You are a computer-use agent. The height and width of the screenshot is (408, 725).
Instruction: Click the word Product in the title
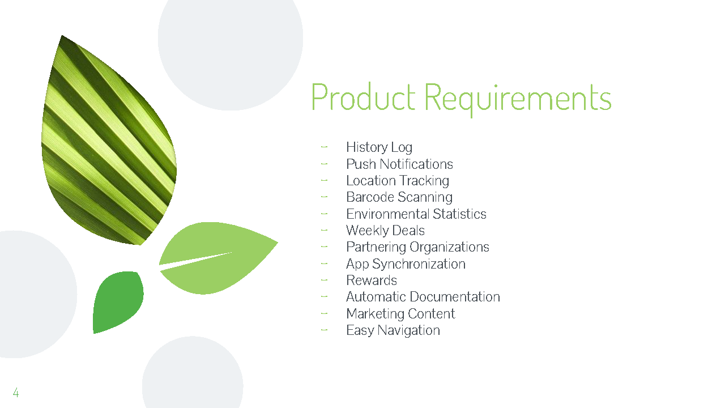point(362,97)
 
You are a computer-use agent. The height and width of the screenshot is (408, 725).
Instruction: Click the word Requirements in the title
point(518,97)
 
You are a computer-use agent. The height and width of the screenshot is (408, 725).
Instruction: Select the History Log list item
point(379,147)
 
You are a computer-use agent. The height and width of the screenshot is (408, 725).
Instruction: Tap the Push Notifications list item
point(399,164)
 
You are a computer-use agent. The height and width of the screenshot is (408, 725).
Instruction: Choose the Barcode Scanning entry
point(399,197)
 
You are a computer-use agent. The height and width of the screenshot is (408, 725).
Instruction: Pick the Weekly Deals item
point(385,231)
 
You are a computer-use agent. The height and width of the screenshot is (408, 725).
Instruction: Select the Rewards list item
point(372,280)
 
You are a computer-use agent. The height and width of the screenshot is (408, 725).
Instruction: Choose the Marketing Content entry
point(400,314)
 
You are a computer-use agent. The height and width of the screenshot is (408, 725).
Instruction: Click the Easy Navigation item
point(393,330)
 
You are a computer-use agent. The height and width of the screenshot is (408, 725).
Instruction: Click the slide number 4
point(16,393)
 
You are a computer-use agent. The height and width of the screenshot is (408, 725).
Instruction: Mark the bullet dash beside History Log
point(324,147)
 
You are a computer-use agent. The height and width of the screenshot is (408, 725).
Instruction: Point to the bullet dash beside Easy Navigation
point(324,330)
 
